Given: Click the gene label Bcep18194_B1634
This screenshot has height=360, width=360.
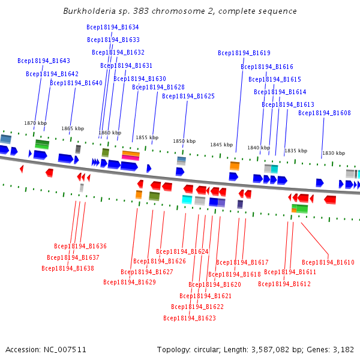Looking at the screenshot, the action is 113,27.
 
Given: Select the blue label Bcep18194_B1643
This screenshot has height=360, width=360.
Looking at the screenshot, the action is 44,61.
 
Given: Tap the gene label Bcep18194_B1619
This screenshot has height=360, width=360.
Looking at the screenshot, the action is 244,53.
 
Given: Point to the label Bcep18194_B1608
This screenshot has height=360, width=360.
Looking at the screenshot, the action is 325,113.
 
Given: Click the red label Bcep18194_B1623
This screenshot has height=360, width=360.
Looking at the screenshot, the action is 190,318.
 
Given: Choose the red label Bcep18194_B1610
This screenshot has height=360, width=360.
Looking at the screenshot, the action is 328,262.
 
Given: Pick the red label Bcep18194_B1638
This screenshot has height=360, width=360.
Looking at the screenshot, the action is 68,268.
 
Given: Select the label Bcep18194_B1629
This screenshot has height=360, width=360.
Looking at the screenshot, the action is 130,282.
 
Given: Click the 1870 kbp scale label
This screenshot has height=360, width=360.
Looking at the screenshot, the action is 35,123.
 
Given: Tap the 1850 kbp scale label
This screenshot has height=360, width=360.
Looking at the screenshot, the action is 184,141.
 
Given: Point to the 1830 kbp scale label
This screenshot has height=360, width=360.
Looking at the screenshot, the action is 334,153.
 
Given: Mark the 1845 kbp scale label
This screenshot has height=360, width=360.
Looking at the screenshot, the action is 221,145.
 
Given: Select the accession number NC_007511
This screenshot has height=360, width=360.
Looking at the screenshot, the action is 65,350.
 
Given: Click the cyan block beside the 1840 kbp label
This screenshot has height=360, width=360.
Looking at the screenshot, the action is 274,169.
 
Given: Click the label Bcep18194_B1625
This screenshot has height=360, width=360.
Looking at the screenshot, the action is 188,96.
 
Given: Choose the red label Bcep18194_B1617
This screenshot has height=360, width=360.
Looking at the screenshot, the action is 242,262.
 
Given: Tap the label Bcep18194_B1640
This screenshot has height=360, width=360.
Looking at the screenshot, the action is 76,83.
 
